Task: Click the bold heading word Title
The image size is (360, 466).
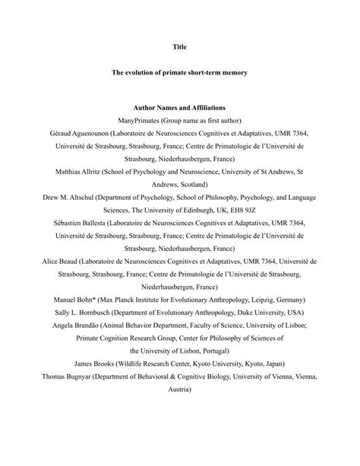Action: coord(179,46)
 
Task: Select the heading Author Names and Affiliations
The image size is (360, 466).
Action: coord(179,107)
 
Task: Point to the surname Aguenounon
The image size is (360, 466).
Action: coord(105,133)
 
